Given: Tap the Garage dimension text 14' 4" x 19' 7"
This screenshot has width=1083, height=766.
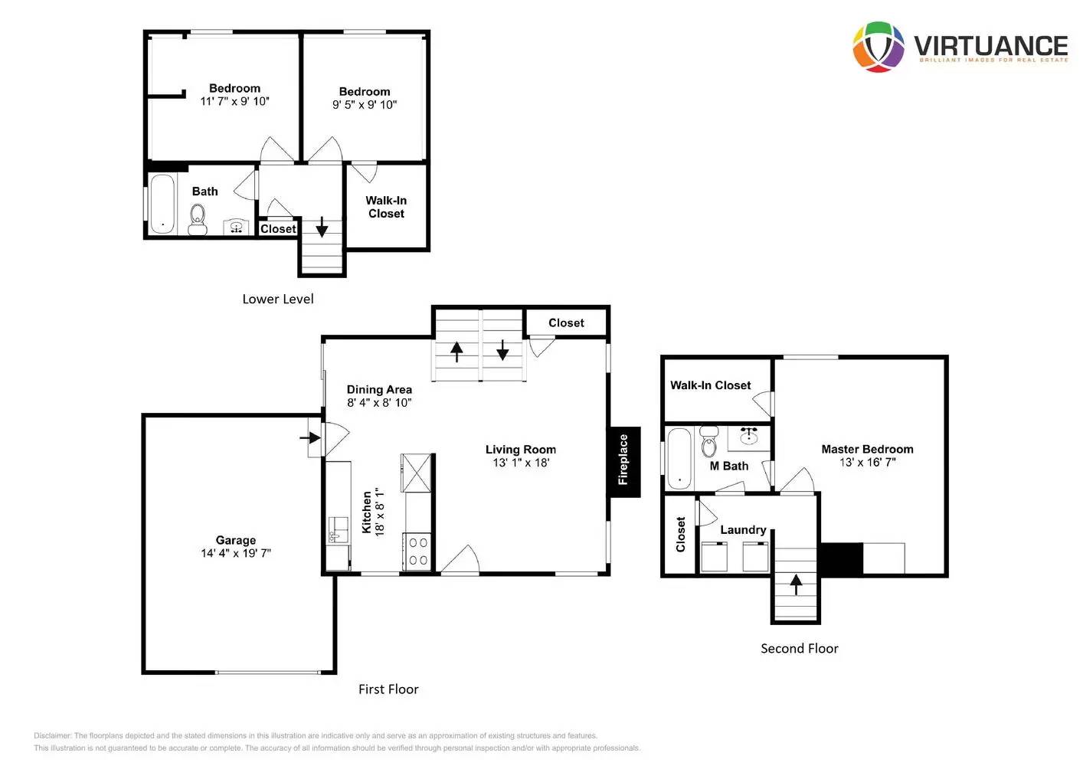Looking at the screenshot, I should [236, 553].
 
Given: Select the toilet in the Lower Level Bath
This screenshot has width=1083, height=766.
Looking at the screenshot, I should [197, 221].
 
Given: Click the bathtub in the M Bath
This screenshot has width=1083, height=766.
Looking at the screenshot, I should [679, 459].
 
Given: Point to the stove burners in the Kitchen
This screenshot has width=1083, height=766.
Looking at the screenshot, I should [418, 551].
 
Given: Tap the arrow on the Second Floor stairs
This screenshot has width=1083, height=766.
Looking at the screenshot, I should [796, 584].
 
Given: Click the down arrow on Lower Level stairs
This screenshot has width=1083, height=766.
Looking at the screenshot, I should [322, 227].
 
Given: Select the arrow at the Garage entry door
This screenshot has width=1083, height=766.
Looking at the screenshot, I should [310, 438].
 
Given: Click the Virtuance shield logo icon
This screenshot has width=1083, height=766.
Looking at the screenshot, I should [879, 47].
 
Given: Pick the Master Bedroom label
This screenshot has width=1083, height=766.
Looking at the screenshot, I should [867, 450].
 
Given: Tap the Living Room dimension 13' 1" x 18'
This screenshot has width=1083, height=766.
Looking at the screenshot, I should [521, 463].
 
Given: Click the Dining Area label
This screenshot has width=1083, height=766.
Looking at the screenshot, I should [379, 390].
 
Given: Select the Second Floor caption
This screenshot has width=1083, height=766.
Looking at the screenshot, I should [799, 649].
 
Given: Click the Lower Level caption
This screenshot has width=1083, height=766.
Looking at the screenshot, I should [278, 300].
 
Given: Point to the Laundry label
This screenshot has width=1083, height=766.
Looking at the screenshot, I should [743, 530].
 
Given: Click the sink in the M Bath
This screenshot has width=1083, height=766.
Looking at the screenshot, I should [749, 437].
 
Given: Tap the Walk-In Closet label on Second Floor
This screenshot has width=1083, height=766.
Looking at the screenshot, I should [710, 385].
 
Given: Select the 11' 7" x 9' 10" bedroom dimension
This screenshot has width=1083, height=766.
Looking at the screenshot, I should [234, 101].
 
